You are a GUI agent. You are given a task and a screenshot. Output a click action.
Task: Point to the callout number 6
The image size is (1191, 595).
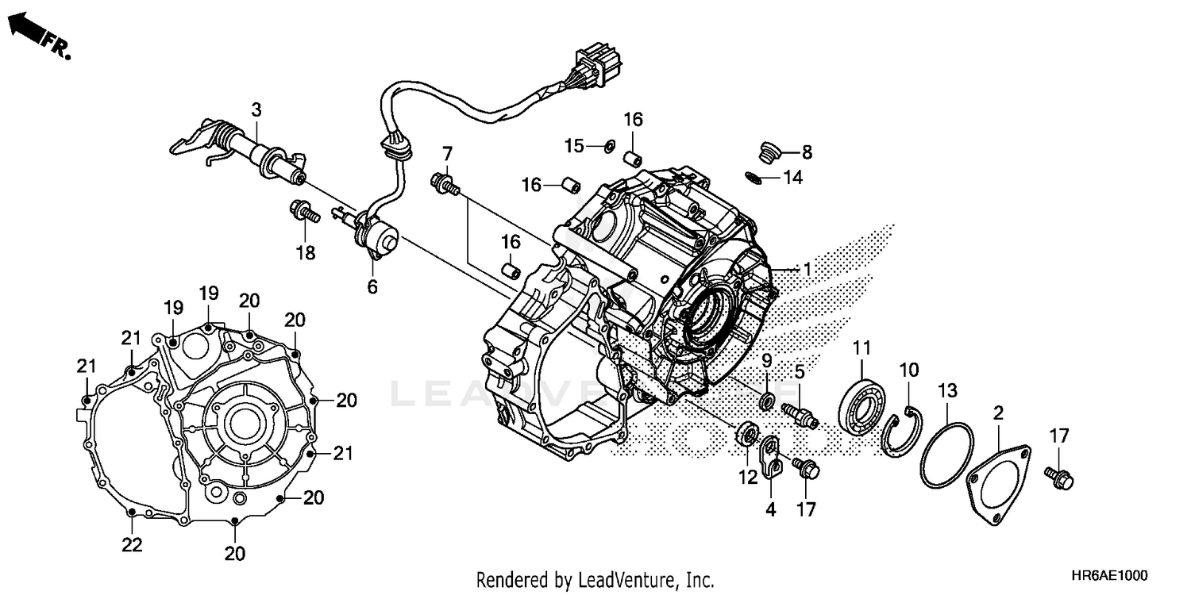[372, 286]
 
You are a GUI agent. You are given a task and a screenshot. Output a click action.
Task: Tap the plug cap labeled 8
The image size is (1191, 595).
[768, 152]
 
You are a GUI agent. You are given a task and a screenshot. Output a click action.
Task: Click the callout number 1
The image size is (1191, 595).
[807, 270]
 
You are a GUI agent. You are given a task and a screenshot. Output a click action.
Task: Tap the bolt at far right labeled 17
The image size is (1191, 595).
[1059, 478]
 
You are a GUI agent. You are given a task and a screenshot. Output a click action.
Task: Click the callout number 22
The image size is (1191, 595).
[132, 545]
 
